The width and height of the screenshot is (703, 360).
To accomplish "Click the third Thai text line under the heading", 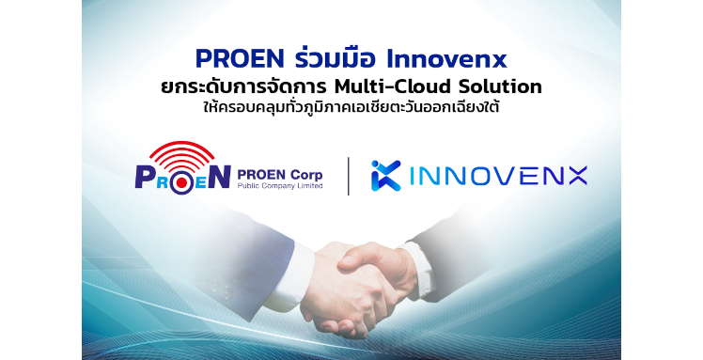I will [x=351, y=109].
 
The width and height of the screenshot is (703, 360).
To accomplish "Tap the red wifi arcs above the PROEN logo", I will [x=181, y=150].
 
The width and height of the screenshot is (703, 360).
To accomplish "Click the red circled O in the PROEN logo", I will [x=182, y=178].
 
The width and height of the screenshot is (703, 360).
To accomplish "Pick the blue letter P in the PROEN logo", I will [x=146, y=177].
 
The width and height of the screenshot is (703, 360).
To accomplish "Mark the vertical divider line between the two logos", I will [x=350, y=176].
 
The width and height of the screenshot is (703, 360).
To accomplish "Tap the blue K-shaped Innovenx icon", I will [x=386, y=175].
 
